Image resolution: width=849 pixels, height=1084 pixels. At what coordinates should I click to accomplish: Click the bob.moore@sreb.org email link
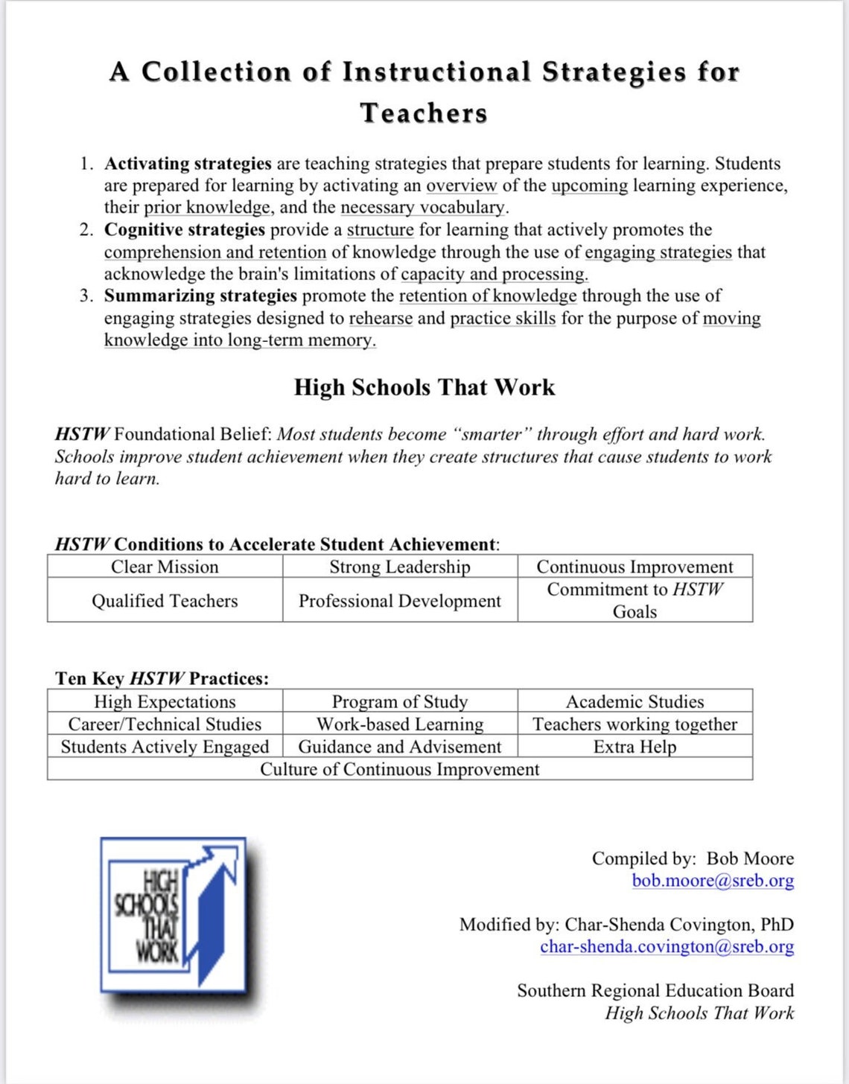712,881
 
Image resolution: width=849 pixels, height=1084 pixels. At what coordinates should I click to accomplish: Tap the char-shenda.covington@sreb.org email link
667,947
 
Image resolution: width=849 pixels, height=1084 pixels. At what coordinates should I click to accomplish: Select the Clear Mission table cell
165,567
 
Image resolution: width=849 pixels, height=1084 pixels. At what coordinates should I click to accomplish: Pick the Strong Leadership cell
400,567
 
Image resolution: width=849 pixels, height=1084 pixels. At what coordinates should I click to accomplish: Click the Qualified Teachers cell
165,601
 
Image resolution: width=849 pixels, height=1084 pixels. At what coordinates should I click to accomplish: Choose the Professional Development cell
400,601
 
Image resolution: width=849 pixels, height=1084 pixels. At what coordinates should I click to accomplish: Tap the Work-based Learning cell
400,724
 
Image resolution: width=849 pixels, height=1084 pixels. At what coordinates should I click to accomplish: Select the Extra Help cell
635,747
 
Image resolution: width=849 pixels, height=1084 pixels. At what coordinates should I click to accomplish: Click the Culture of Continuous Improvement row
399,769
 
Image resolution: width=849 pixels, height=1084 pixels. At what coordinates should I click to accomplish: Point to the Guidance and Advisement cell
400,747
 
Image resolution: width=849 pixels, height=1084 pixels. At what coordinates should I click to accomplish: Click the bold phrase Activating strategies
188,164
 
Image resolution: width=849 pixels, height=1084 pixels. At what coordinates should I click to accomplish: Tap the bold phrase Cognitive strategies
185,230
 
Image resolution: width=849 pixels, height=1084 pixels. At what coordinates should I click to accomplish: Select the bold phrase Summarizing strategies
200,296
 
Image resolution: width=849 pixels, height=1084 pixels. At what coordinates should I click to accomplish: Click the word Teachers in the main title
424,113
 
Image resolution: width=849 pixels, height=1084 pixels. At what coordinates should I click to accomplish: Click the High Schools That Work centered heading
424,388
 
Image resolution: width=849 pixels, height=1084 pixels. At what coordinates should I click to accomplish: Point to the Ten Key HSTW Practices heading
162,678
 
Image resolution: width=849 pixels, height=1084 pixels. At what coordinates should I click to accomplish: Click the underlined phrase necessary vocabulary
423,208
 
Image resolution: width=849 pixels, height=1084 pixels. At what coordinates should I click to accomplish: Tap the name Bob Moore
749,858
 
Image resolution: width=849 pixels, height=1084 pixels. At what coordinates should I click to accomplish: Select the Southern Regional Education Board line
655,991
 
